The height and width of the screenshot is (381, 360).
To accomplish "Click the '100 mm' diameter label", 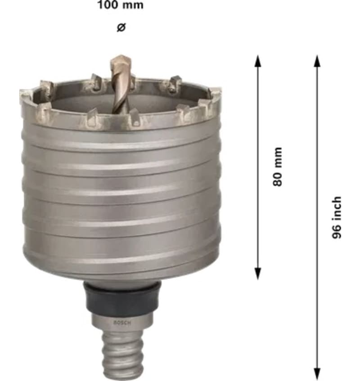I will tap(121, 5).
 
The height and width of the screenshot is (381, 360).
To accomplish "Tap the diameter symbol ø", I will tap(121, 27).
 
